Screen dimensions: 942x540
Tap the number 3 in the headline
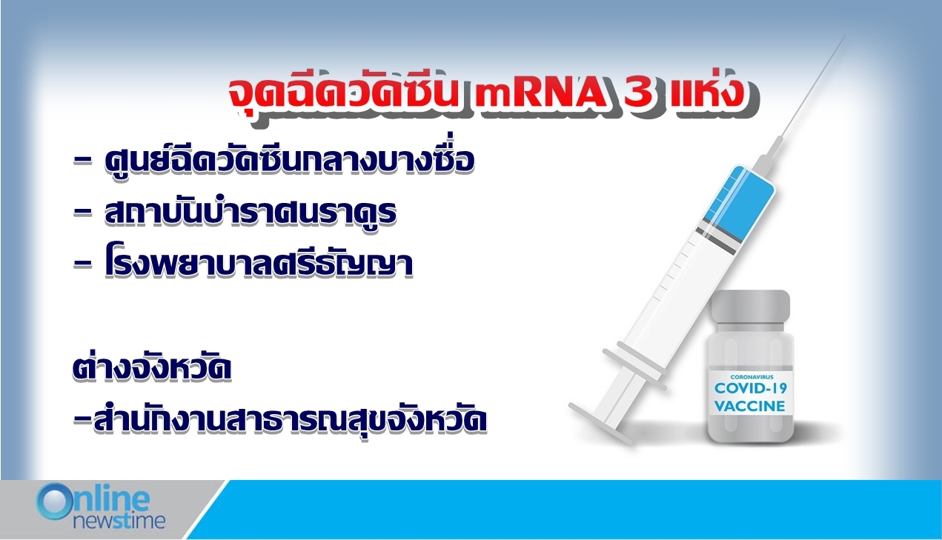638,93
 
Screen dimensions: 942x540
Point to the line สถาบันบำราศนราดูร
251,211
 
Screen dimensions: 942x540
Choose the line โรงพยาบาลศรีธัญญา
259,264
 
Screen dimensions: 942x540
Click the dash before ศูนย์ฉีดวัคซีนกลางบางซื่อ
82,161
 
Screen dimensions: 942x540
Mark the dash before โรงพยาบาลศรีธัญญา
82,264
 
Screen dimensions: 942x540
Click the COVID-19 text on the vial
750,388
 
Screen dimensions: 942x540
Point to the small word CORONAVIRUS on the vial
752,377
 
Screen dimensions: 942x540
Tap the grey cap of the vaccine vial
750,306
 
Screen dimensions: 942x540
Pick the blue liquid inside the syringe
741,201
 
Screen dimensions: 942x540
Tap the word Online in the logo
93,500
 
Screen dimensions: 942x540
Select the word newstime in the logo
119,521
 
